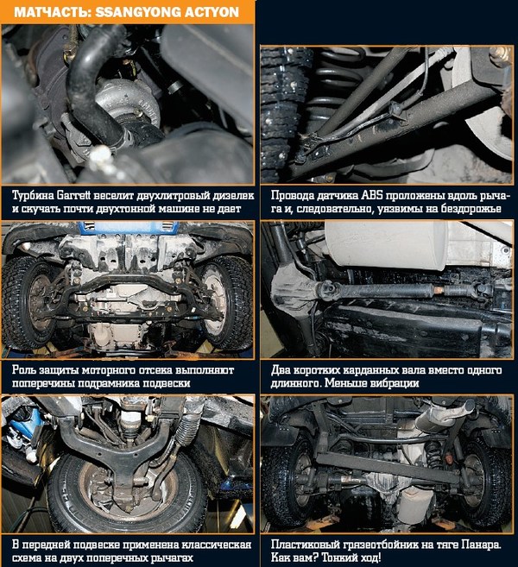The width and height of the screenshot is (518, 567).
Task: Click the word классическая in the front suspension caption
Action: (216, 545)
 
